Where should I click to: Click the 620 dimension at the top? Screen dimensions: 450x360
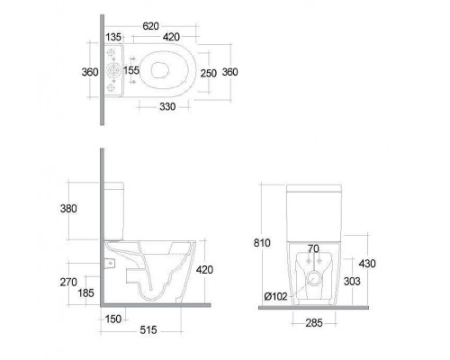click(150, 26)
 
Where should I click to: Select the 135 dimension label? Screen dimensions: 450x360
click(113, 37)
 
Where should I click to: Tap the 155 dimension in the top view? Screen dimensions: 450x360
click(131, 70)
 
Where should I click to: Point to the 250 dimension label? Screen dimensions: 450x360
click(209, 73)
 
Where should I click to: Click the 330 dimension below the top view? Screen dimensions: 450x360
click(167, 106)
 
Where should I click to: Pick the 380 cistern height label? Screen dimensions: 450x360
click(68, 209)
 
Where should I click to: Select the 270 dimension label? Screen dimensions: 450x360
click(68, 282)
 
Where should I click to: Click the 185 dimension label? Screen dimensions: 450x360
click(85, 292)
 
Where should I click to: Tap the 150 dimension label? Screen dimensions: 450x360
click(113, 319)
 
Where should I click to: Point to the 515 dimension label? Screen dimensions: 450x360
click(148, 330)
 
